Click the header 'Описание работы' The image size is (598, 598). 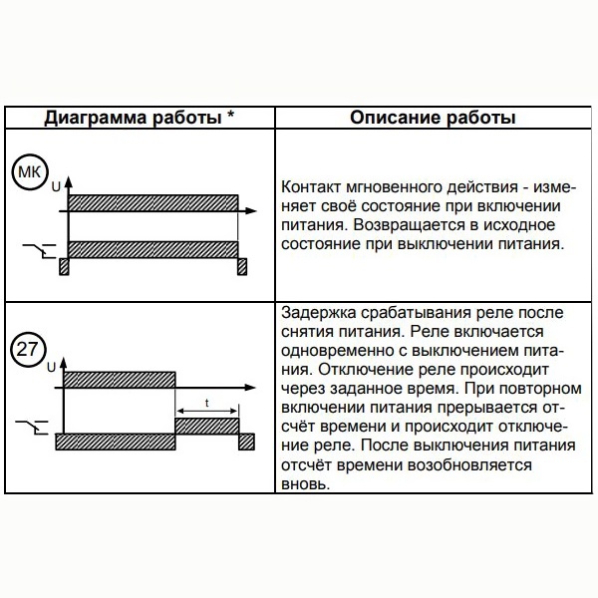tap(433, 118)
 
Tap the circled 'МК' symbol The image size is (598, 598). tap(28, 173)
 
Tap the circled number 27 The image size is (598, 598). tap(28, 351)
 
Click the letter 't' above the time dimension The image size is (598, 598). tap(206, 403)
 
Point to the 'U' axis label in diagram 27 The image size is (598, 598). tap(51, 368)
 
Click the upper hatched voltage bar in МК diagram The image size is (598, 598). tap(151, 202)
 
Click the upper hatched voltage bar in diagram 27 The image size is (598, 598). tap(120, 380)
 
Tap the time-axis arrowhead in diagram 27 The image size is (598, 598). tap(252, 388)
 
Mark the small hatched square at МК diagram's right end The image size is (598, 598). tap(241, 267)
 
